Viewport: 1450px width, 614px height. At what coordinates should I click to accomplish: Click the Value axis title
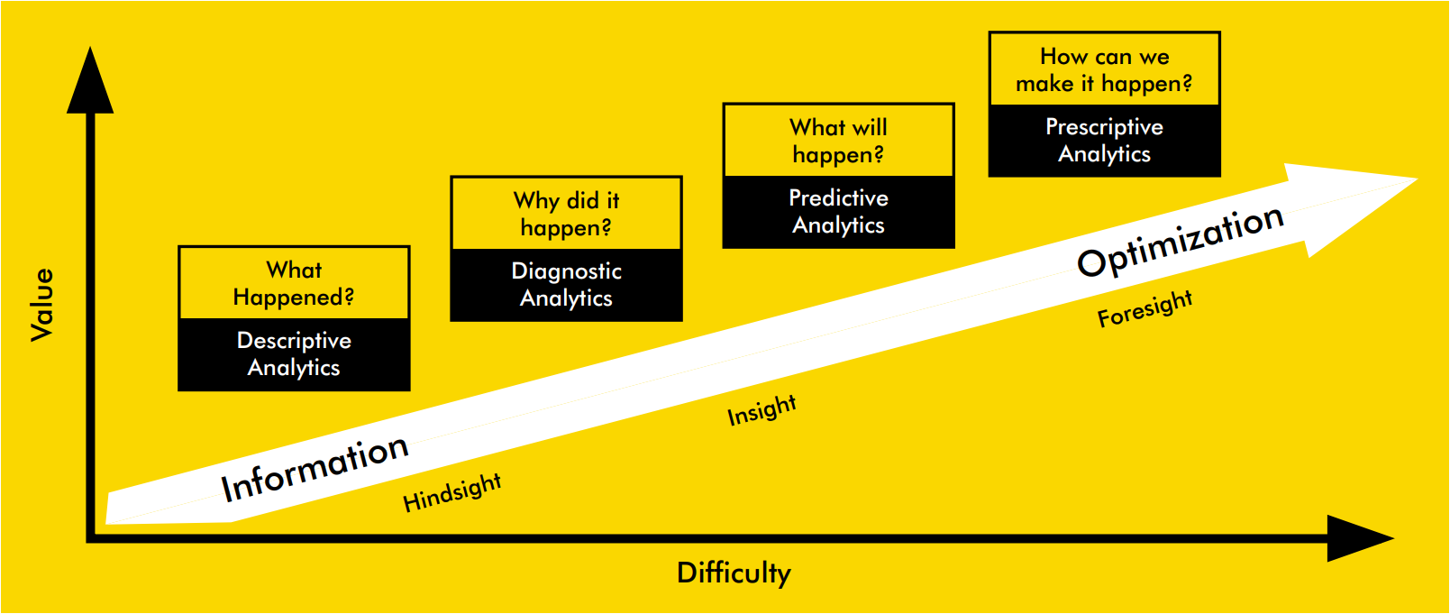point(42,305)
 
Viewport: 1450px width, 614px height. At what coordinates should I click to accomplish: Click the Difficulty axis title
point(734,573)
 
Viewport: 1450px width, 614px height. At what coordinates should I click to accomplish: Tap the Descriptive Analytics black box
point(294,354)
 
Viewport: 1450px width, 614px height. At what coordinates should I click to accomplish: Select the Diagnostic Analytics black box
point(567,285)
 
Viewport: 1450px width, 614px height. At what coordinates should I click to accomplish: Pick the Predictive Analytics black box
point(838,212)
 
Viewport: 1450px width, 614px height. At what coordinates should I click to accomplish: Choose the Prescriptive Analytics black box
point(1104,141)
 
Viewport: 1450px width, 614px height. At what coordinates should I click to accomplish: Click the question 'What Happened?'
point(294,284)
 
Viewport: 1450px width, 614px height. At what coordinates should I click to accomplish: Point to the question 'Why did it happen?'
point(567,215)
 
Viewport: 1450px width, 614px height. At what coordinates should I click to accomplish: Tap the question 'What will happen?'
point(838,142)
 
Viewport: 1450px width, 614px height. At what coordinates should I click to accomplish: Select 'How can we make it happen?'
point(1104,70)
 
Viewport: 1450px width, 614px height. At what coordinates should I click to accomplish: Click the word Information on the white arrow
point(315,468)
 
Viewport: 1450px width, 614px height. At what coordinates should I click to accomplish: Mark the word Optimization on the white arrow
point(1180,241)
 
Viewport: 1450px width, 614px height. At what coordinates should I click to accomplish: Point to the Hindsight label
point(451,493)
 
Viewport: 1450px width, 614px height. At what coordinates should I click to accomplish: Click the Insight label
point(761,410)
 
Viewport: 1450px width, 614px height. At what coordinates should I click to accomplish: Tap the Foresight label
point(1145,308)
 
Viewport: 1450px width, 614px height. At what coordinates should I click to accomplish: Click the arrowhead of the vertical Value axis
point(90,81)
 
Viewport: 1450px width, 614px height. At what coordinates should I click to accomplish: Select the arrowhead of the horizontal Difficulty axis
point(1360,538)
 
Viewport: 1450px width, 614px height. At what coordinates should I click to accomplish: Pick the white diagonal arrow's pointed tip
point(1417,179)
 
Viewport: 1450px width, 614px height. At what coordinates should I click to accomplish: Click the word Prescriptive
point(1104,128)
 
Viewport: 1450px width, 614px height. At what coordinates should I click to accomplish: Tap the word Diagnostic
point(567,272)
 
